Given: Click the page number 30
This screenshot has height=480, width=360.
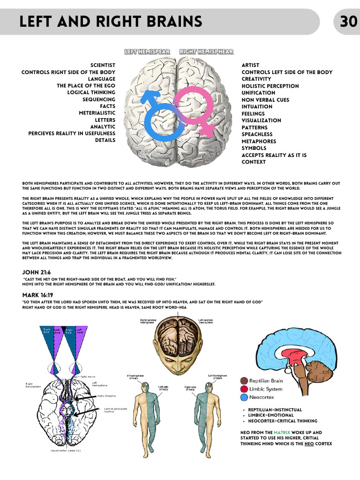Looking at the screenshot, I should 349,22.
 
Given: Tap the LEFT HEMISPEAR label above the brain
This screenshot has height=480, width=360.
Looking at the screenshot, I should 147,52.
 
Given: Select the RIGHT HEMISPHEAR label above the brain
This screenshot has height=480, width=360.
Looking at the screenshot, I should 206,52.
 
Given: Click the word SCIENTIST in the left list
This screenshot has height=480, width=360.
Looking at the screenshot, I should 103,65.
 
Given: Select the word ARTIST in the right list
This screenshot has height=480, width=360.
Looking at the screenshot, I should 250,65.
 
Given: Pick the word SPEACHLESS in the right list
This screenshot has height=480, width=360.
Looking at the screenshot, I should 257,134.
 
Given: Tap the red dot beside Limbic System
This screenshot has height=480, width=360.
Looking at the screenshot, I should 244,389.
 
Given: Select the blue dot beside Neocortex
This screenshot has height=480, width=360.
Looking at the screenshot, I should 244,397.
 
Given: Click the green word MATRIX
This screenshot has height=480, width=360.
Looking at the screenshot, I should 282,433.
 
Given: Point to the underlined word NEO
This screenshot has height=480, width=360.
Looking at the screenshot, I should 309,443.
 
